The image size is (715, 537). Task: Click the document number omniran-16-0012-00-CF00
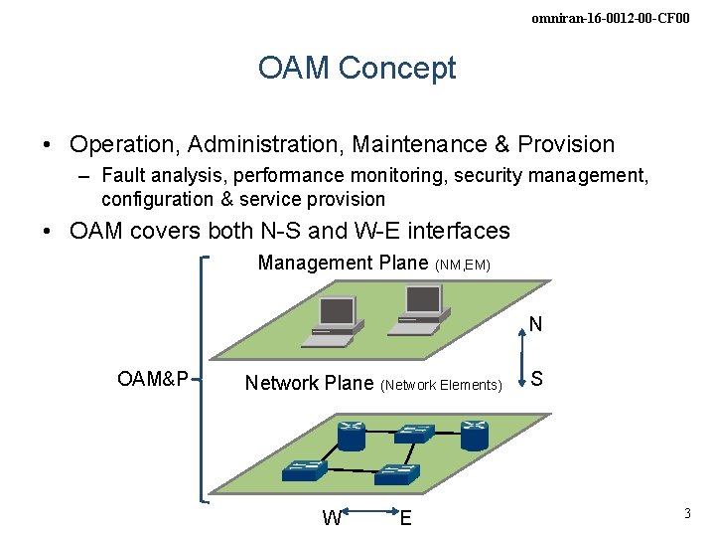(610, 18)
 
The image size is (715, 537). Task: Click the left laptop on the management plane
(333, 320)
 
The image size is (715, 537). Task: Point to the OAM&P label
(153, 379)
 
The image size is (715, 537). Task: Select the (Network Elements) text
(441, 385)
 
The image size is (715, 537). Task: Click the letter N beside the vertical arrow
(535, 324)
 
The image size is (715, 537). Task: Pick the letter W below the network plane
(333, 517)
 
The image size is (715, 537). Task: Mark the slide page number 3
(686, 514)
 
